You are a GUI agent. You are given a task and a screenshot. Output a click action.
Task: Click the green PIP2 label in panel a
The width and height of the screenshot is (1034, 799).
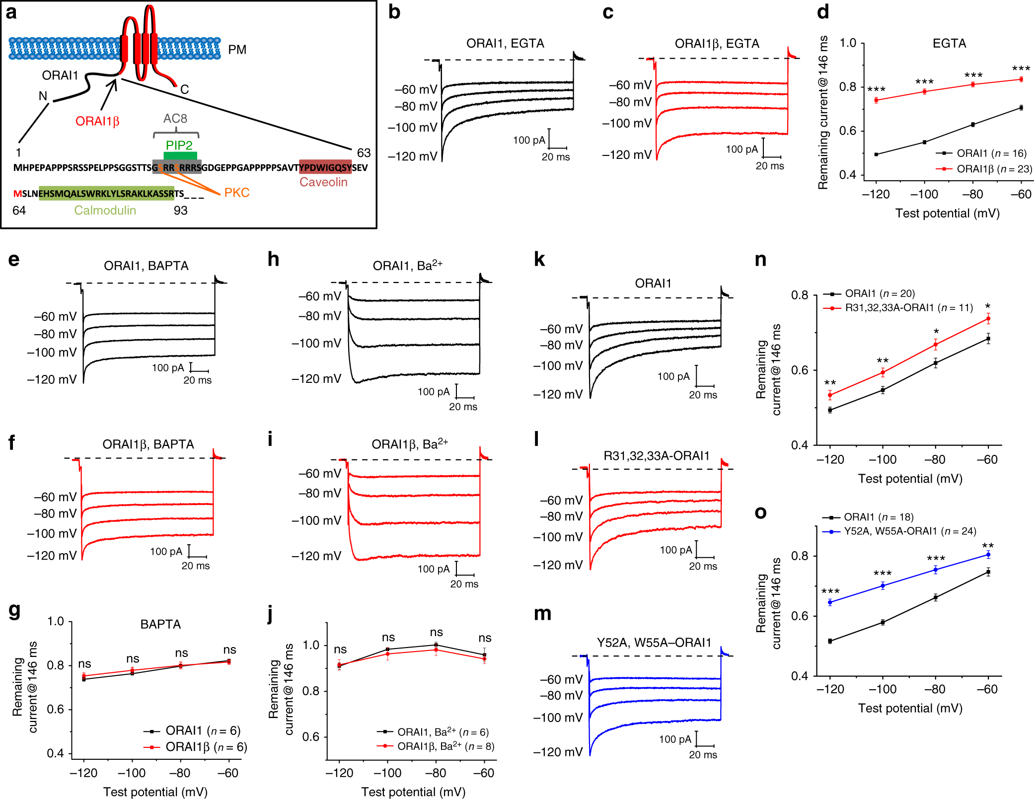179,145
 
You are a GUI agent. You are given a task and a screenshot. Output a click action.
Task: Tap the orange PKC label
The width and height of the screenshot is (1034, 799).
236,193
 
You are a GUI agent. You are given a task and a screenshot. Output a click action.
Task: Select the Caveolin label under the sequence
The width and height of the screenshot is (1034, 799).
323,182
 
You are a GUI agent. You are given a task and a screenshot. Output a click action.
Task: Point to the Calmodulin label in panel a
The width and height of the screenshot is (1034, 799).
105,211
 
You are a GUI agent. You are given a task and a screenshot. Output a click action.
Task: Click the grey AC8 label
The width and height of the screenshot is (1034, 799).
175,119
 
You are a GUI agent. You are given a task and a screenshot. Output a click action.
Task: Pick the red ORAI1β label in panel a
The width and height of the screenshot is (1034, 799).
97,122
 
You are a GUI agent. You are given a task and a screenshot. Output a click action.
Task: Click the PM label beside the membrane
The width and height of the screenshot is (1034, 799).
237,50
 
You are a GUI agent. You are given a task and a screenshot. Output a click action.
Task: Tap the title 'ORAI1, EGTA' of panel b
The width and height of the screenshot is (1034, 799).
505,44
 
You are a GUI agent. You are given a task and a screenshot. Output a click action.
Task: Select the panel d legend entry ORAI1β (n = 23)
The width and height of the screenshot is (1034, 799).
988,169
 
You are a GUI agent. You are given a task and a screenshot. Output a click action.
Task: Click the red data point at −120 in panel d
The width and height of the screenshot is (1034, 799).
876,100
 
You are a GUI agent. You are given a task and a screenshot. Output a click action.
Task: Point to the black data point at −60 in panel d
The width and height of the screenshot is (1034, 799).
1021,107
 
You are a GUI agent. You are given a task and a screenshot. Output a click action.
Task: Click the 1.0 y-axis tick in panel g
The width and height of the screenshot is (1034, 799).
56,621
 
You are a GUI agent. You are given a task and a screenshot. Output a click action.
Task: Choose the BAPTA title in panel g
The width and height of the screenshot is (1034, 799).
160,624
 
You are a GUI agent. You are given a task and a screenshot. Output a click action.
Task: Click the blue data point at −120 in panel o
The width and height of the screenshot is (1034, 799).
830,602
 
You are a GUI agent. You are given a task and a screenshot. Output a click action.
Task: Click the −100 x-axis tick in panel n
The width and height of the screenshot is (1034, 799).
883,460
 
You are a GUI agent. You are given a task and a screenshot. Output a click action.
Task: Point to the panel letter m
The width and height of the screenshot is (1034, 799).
542,614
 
